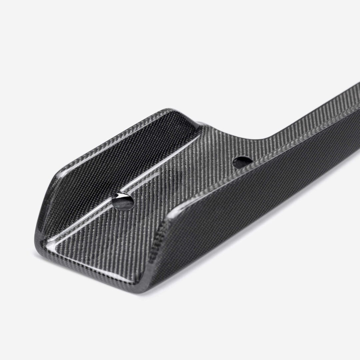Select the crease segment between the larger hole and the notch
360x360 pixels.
pos(160,167)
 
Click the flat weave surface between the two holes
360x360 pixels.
pos(187,173)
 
